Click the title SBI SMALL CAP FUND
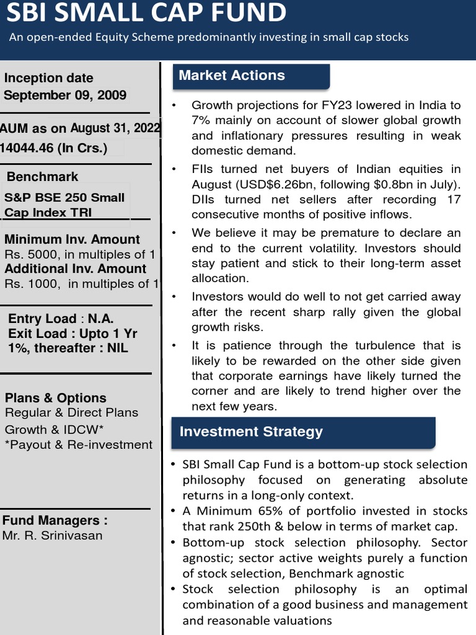pos(147,13)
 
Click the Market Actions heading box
pos(250,76)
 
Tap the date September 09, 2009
pos(65,95)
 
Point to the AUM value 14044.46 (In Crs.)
pos(54,148)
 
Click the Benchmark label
pos(42,177)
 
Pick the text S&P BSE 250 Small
pos(64,198)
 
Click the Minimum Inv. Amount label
pos(72,239)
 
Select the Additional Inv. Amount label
pos(76,269)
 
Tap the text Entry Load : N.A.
pos(61,319)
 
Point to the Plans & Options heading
pos(56,398)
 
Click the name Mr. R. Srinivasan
pos(53,536)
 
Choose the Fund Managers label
pos(55,520)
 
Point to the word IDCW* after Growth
pos(84,430)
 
